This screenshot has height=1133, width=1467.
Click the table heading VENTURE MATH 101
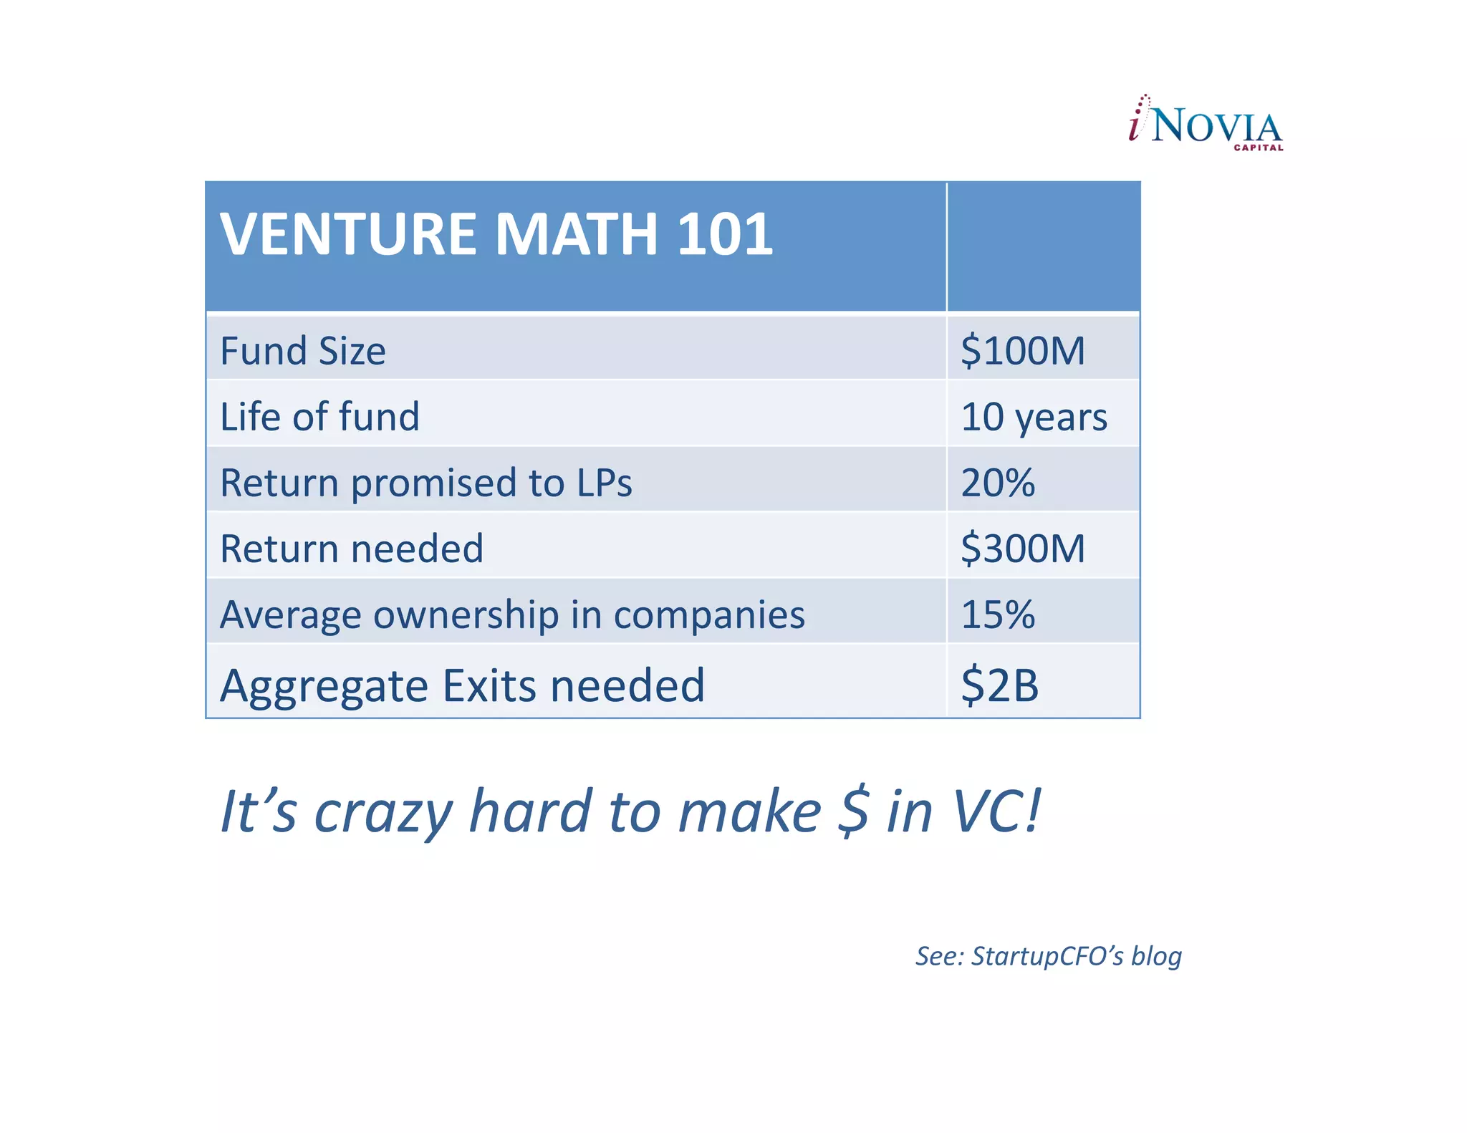496,234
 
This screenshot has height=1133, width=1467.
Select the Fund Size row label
303,351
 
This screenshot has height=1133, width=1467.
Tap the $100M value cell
1022,351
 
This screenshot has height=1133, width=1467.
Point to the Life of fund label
319,417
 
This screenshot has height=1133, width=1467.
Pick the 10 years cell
1034,417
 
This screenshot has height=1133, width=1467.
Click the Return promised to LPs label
425,483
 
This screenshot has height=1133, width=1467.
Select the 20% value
997,483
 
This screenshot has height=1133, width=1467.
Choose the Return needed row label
351,549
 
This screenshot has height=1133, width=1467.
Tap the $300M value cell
1022,549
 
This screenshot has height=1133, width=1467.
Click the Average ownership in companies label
512,614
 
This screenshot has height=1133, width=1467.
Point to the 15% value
997,614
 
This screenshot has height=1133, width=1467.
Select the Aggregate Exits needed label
462,685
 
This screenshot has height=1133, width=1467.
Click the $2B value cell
999,685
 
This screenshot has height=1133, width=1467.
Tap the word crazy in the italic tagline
383,812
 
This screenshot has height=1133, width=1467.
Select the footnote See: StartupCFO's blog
1048,956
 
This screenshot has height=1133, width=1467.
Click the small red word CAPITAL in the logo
1258,148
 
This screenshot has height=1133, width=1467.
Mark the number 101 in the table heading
724,234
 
